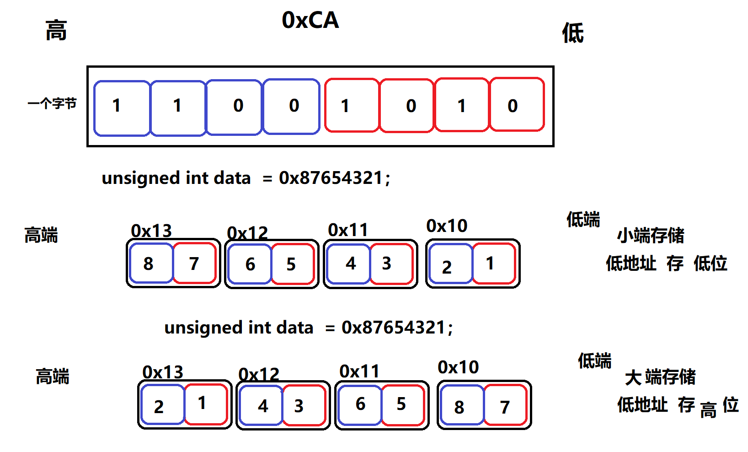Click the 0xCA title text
(310, 20)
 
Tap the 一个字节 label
(52, 104)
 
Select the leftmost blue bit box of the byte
(122, 108)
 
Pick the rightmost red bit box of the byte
(517, 105)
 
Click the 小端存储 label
(651, 236)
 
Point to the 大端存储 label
(660, 377)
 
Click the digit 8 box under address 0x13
(150, 264)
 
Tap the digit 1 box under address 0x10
(493, 264)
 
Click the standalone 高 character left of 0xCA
(56, 31)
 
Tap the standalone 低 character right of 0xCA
(573, 33)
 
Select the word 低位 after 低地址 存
(710, 264)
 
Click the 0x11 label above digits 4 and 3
(348, 230)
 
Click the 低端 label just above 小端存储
(583, 220)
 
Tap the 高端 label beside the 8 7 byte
(41, 235)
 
